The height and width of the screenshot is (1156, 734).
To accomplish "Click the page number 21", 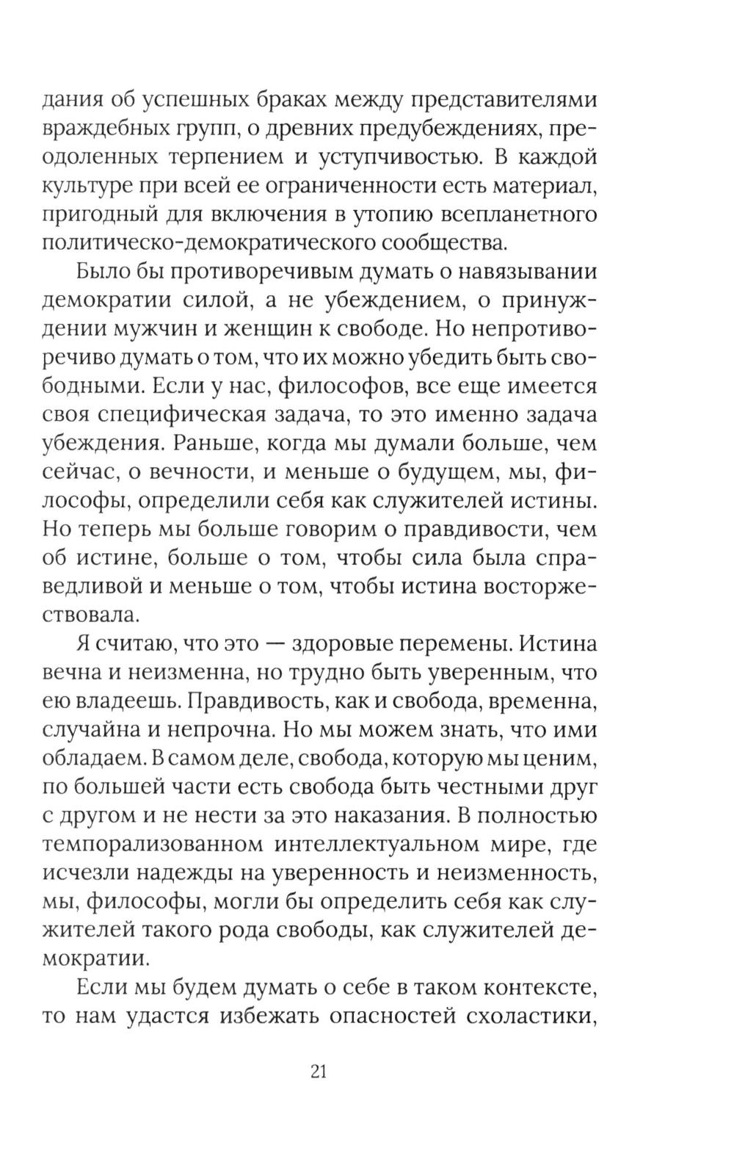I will click(x=318, y=1072).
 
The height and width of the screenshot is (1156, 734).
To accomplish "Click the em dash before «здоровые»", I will click(x=272, y=644).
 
